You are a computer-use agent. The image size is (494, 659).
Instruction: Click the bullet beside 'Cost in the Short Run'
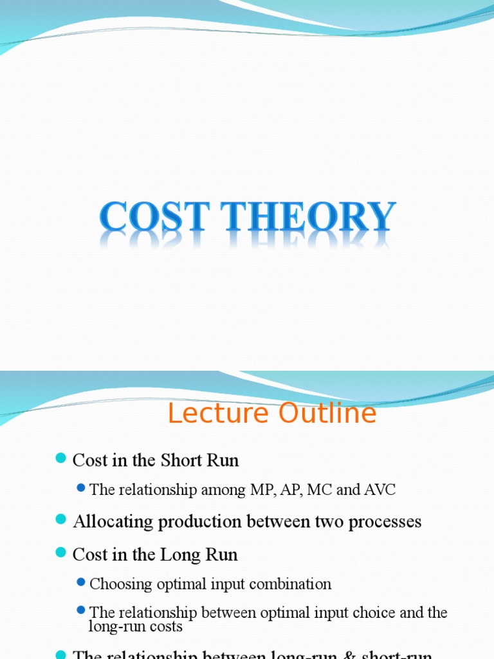[x=61, y=459]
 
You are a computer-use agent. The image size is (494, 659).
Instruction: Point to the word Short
[x=179, y=460]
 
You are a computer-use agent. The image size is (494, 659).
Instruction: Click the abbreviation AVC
[x=380, y=490]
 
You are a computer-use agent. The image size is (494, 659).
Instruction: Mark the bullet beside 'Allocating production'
[x=61, y=520]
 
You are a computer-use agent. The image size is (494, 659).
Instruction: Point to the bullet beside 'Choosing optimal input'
[x=80, y=582]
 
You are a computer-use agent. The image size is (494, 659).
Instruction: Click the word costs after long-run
[x=167, y=627]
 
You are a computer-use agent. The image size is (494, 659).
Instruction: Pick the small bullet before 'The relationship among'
[x=80, y=488]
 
